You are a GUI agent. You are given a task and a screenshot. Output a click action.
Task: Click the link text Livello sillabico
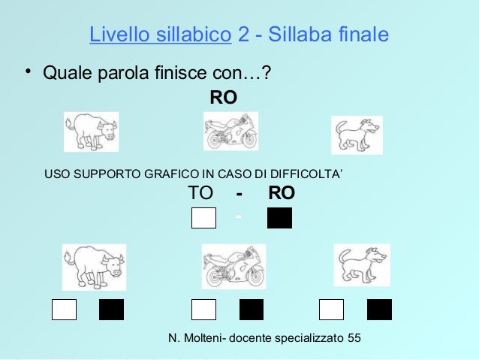tap(159, 35)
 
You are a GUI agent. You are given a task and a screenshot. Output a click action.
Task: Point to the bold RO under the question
tap(223, 98)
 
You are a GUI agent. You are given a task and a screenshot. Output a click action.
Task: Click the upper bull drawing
tap(91, 132)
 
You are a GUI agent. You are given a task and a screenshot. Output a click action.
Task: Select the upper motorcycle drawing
tap(231, 132)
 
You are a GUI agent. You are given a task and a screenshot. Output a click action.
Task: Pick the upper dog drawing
tap(357, 135)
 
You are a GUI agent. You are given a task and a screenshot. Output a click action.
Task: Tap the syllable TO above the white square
tap(200, 194)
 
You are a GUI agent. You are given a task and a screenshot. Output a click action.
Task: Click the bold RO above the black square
tap(282, 194)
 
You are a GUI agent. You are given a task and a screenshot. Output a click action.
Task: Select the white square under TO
tap(203, 218)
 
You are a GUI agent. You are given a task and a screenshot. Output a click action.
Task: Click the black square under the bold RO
tap(279, 218)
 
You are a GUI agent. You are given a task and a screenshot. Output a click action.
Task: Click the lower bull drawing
tap(93, 266)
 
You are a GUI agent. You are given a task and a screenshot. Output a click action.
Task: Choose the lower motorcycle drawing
tap(233, 266)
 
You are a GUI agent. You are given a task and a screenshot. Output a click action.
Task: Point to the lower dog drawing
tap(361, 266)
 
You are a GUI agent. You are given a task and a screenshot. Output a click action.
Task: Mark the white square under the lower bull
tap(64, 310)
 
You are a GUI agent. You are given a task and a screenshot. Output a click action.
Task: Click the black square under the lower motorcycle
tap(252, 310)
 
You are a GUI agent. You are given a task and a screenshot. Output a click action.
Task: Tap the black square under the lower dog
tap(379, 310)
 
